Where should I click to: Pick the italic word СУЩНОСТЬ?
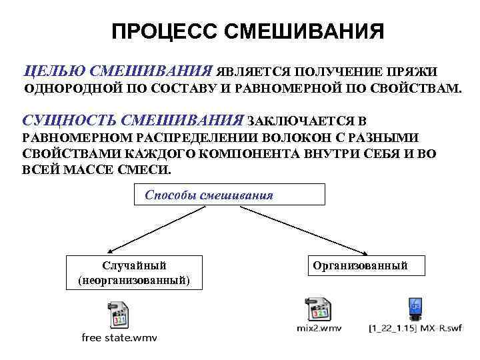click(67, 121)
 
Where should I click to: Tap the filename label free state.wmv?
click(119, 337)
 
